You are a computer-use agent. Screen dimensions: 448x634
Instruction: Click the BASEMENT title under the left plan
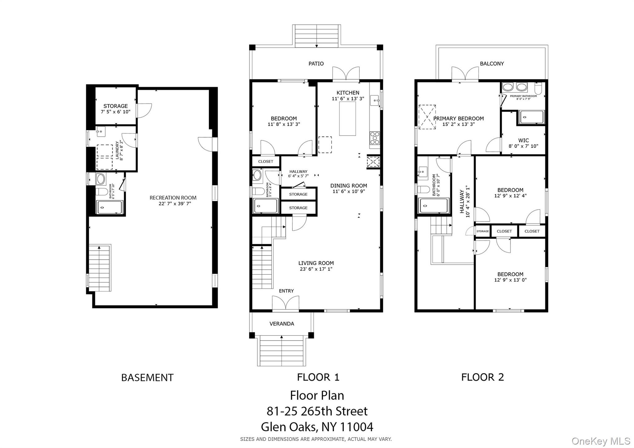[x=147, y=377]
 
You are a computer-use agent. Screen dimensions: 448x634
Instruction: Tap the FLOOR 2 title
[x=482, y=377]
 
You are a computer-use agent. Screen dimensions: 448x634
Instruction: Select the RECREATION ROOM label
[x=173, y=198]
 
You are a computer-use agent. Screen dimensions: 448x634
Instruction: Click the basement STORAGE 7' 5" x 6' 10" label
[x=115, y=109]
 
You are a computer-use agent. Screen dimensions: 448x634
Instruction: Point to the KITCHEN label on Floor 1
[x=348, y=93]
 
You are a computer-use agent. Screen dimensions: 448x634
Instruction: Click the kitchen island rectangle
[x=347, y=118]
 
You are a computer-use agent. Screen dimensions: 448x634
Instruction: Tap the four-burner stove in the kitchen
[x=375, y=138]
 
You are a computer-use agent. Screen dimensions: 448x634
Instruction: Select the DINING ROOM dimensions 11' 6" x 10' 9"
[x=349, y=191]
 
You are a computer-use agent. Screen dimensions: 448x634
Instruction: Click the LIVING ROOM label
[x=316, y=263]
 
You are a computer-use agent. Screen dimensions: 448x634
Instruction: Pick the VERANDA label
[x=281, y=324]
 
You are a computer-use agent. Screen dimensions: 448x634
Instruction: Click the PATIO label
[x=316, y=63]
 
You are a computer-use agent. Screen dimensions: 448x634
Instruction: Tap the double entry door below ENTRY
[x=285, y=303]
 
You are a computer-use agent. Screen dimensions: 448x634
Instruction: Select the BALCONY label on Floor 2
[x=492, y=63]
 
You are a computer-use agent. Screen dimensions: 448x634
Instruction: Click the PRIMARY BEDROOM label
[x=458, y=119]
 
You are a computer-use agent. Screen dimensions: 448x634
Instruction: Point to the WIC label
[x=523, y=140]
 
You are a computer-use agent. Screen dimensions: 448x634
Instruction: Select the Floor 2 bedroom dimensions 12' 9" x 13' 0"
[x=510, y=280]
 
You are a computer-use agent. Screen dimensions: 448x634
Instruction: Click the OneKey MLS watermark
[x=601, y=441]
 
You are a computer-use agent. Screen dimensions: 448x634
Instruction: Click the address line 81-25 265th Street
[x=317, y=411]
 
